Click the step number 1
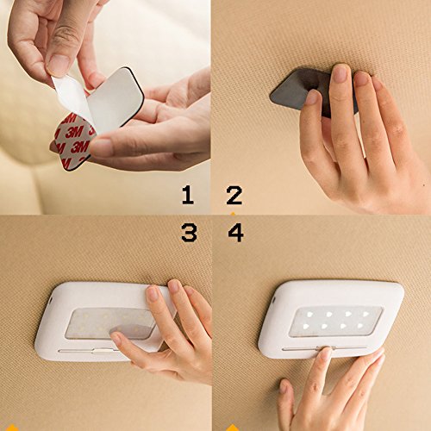click(188, 195)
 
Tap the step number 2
click(234, 196)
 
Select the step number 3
click(189, 232)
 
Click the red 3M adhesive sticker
click(73, 141)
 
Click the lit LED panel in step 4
click(335, 322)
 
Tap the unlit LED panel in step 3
click(109, 323)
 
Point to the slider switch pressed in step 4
click(326, 348)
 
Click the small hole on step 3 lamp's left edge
click(51, 300)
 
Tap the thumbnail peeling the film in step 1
click(59, 66)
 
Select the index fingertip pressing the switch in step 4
click(325, 354)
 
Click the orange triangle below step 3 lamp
click(11, 428)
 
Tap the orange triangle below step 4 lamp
click(234, 428)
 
